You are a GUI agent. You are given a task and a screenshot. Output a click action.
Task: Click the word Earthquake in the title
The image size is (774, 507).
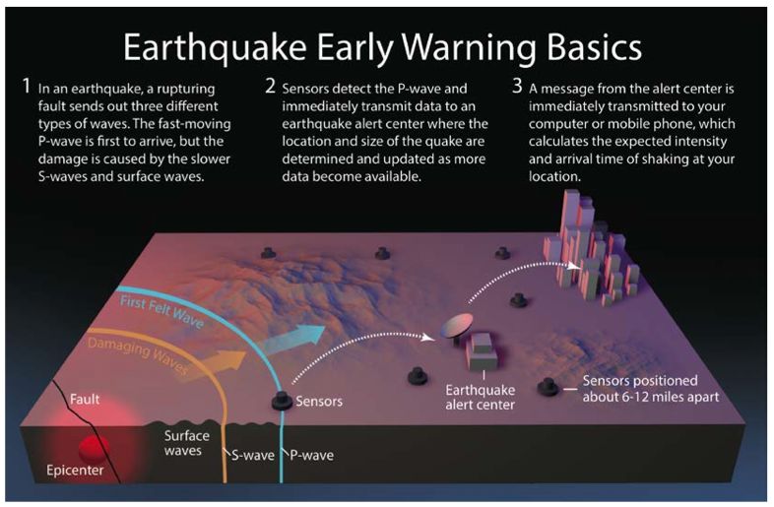tap(215, 48)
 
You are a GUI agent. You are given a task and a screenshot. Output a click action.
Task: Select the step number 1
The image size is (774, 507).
tap(27, 86)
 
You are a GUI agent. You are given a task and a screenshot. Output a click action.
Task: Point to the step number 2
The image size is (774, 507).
tap(270, 86)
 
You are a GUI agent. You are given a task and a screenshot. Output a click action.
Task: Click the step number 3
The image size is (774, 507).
tap(517, 86)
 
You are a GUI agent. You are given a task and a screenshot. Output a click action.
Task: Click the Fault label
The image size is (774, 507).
tap(85, 399)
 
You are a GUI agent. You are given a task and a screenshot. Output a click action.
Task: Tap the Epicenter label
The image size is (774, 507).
tap(75, 470)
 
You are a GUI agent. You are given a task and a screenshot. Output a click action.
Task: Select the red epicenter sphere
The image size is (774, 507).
tap(94, 448)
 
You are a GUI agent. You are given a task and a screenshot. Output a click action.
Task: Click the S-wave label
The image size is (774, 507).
tap(253, 455)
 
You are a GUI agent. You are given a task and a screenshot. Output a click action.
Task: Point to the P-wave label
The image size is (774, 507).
tap(311, 455)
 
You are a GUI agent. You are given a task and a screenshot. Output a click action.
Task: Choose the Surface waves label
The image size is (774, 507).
tap(186, 443)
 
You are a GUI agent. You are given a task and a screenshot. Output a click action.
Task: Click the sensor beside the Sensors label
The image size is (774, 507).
tap(282, 401)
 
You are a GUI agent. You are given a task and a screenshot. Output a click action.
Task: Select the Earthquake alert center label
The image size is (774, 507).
tap(480, 398)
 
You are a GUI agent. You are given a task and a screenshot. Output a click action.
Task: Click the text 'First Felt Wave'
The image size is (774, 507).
tap(161, 311)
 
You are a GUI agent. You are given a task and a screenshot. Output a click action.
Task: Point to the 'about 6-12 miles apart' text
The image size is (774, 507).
tap(651, 397)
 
